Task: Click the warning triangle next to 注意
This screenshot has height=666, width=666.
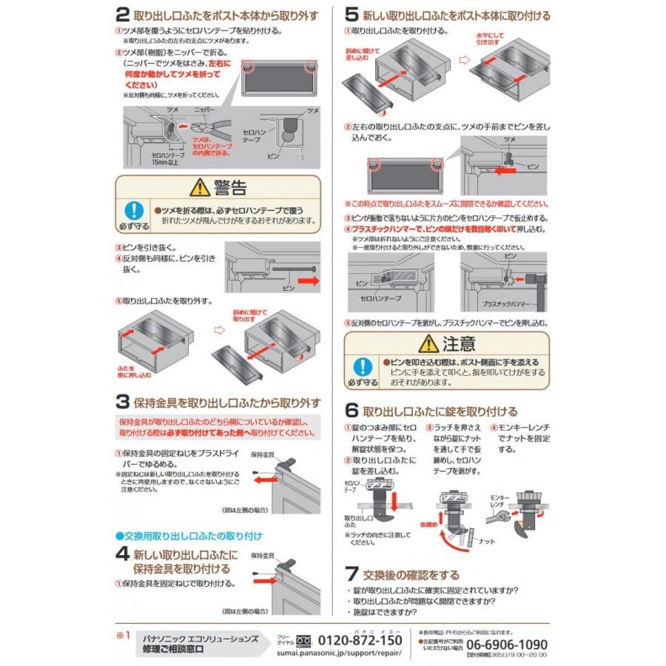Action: [428, 343]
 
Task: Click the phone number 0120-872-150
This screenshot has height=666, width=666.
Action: [360, 640]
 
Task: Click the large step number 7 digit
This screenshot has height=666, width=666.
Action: [353, 574]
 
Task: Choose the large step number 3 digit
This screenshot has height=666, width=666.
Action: [123, 403]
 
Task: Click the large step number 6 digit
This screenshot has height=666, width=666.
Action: [353, 411]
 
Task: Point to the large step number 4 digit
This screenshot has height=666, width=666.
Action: [123, 554]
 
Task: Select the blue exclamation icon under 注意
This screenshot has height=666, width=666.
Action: [362, 366]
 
